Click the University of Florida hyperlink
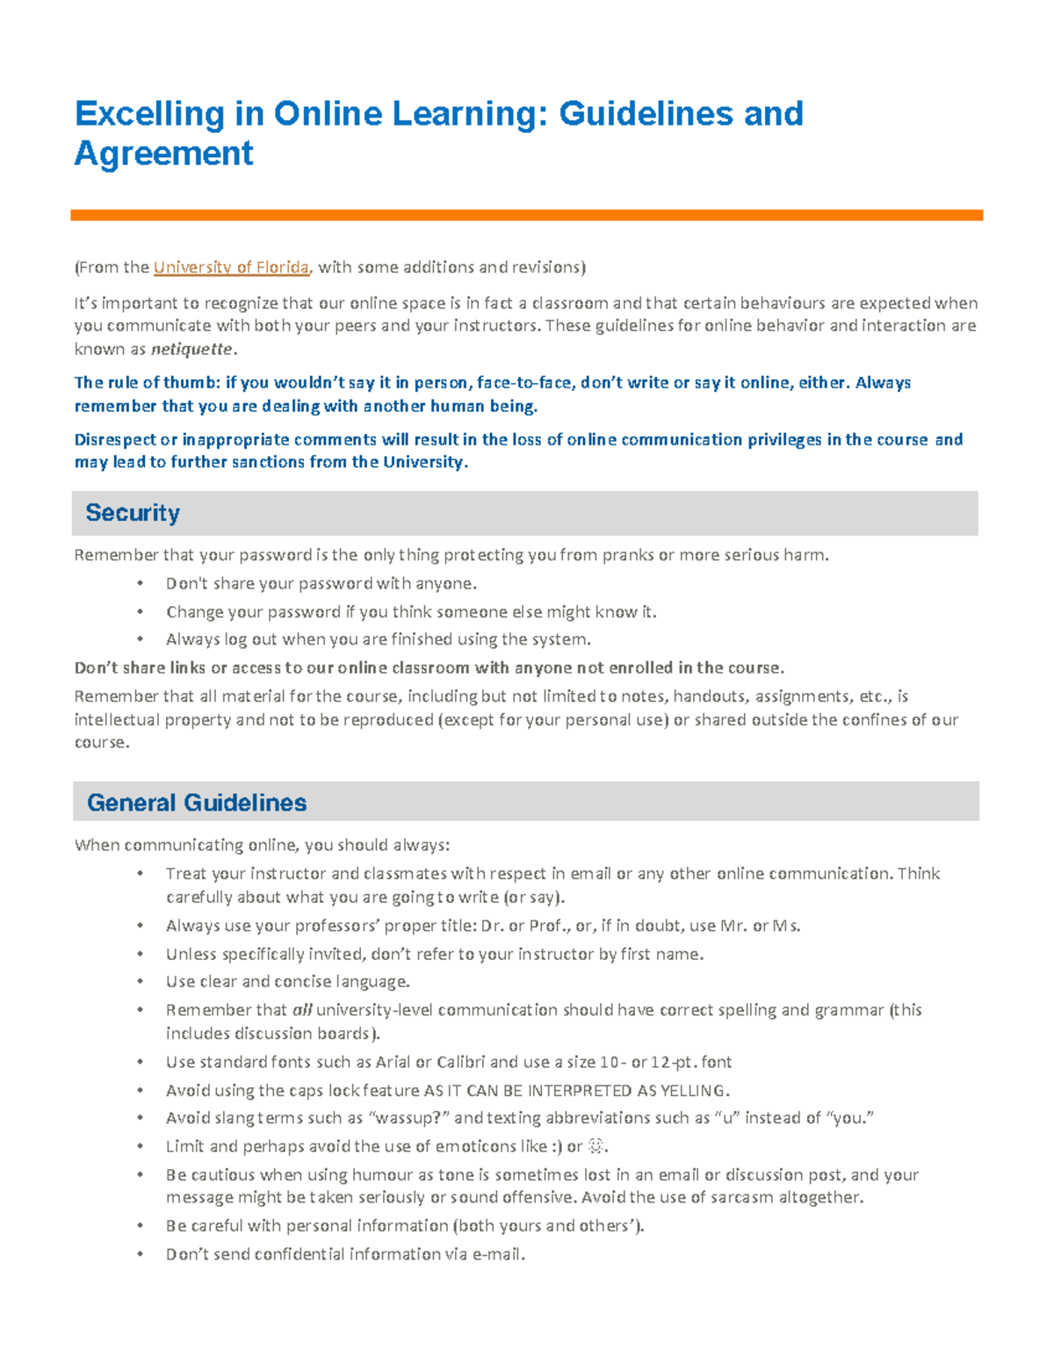[x=231, y=267]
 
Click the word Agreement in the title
[x=164, y=154]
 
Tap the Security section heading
[x=133, y=513]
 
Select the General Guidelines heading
[x=197, y=803]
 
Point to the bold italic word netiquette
[x=192, y=349]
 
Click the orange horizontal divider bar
[x=526, y=215]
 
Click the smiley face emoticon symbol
[x=596, y=1146]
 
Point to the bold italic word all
[x=302, y=1010]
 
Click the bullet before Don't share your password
[x=140, y=584]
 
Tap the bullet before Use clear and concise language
[x=140, y=982]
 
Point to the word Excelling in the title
[x=149, y=114]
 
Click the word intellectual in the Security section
[x=112, y=719]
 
